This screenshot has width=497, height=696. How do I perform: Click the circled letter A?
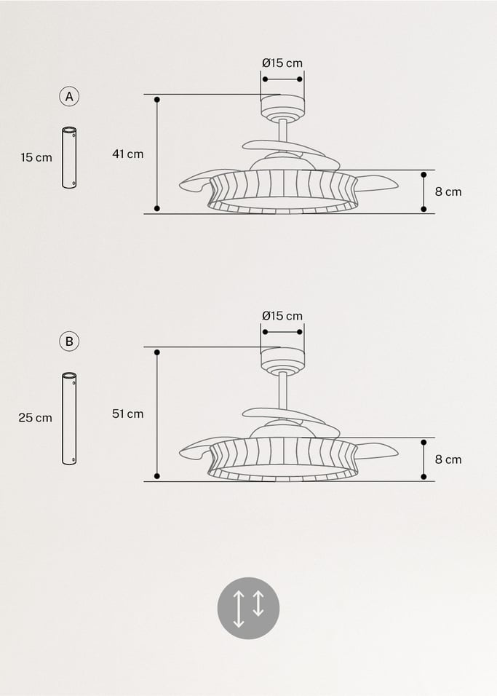click(70, 96)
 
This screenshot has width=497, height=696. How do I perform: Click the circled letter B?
click(70, 341)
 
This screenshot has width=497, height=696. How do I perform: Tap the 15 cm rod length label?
click(36, 157)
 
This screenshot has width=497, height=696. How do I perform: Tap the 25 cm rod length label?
click(35, 418)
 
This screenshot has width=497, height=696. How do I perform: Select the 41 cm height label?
click(127, 154)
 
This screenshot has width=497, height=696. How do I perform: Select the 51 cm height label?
click(127, 414)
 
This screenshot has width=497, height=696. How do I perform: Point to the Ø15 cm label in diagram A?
click(282, 63)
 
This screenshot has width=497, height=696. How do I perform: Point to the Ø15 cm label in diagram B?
click(282, 316)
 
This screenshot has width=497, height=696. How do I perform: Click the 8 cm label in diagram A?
click(448, 191)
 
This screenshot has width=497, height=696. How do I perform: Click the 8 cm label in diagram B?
click(448, 459)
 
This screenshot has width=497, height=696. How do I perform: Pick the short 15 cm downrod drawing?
click(69, 158)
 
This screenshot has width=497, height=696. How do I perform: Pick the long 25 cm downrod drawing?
click(69, 419)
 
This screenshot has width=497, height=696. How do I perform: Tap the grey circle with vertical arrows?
click(248, 608)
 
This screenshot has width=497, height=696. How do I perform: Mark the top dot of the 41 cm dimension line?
click(157, 99)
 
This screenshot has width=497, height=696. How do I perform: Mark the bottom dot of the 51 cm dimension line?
click(157, 476)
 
